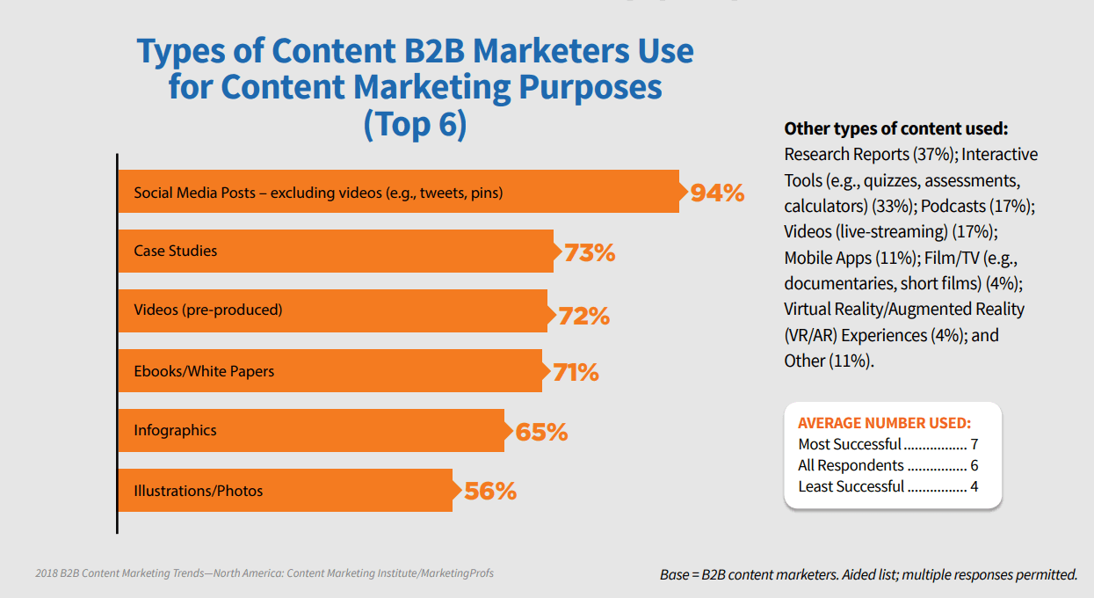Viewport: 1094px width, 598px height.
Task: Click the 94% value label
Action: (x=717, y=193)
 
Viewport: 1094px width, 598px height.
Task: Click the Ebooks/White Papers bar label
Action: (x=204, y=371)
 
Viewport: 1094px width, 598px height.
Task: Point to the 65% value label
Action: (x=540, y=433)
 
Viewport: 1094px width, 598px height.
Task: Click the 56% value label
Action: (x=489, y=491)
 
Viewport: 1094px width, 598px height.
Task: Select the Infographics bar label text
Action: (x=175, y=431)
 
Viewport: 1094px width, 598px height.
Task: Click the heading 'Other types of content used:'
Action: (x=896, y=128)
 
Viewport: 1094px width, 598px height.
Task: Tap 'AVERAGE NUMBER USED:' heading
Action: (x=884, y=422)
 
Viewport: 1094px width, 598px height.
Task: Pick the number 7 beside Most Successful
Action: (x=974, y=444)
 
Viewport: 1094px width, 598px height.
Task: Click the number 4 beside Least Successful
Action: (x=974, y=486)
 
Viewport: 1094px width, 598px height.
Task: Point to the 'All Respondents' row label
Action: (x=851, y=465)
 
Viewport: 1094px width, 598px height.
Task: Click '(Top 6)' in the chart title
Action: (x=415, y=124)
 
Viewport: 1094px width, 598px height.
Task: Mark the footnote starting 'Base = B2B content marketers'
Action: (x=868, y=574)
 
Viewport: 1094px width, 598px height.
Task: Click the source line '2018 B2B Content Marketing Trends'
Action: (x=264, y=573)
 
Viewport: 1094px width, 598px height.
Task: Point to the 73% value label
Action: (x=589, y=253)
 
